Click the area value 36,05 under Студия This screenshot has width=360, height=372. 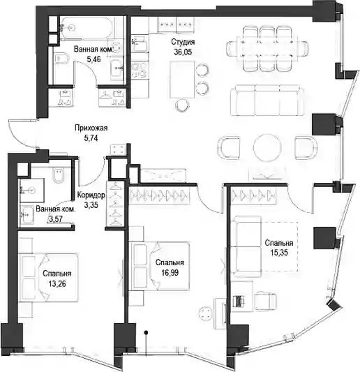tap(183, 52)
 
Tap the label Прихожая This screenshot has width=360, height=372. tap(91, 128)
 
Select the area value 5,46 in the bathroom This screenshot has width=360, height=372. tap(93, 59)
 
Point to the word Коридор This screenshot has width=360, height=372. tap(91, 195)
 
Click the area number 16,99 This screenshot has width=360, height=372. tap(170, 273)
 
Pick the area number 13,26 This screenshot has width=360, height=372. tap(57, 284)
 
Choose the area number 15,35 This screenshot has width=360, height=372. tap(279, 253)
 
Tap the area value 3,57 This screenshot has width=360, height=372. tap(56, 219)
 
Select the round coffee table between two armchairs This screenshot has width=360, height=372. tap(267, 147)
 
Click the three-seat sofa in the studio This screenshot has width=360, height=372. tap(267, 100)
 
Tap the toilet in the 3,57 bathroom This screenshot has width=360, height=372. tap(59, 175)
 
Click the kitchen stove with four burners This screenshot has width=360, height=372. tap(140, 70)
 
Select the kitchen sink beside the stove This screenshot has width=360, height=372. tap(140, 44)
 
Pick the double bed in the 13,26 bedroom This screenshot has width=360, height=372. tap(49, 278)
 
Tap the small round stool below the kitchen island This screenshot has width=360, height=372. tap(181, 105)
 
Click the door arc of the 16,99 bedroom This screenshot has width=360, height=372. tap(209, 202)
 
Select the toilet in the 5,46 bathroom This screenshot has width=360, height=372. tap(61, 59)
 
